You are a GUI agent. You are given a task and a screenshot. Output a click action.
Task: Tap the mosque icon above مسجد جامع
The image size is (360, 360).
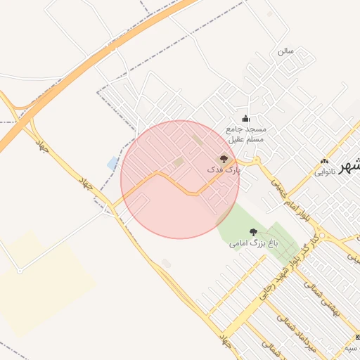coord(245,118)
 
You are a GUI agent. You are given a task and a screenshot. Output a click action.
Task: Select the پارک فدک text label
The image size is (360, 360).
coord(224,170)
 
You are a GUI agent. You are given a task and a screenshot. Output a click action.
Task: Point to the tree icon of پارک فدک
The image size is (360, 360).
coord(224,159)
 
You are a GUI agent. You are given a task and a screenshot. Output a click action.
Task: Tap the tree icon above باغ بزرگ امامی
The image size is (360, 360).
coord(253,232)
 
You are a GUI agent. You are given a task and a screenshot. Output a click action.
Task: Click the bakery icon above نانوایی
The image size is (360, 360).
coord(324,161)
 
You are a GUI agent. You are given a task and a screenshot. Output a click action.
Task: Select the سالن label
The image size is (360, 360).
coord(285,51)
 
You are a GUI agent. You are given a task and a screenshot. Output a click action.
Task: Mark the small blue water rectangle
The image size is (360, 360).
coord(112,163)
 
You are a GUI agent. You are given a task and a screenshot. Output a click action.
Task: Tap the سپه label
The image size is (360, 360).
coord(349,348)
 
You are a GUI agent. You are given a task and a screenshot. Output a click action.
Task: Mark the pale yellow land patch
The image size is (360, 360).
coord(42,281)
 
